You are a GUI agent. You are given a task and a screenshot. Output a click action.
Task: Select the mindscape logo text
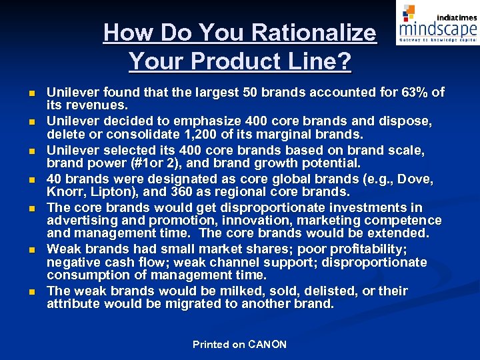click(438, 29)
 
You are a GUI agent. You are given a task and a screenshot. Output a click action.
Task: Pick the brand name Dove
click(417, 179)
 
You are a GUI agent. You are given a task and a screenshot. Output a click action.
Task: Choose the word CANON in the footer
click(267, 345)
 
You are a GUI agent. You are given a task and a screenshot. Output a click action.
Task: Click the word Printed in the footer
click(210, 345)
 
